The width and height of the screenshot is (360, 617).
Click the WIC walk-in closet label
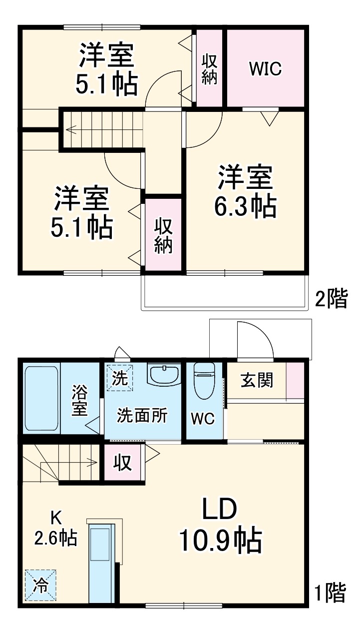pos(266,69)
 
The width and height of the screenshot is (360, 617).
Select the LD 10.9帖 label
pos(220,528)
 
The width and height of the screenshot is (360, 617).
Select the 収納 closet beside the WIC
pos(209,68)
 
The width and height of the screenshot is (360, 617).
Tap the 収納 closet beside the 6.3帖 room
pos(163,235)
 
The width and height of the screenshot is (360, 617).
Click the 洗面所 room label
pos(142,415)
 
